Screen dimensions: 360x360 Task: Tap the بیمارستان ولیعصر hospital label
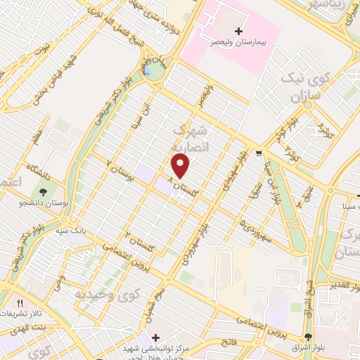pyautogui.click(x=239, y=42)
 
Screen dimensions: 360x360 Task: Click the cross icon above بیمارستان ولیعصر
pyautogui.click(x=239, y=32)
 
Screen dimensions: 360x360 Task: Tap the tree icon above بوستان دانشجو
pyautogui.click(x=44, y=191)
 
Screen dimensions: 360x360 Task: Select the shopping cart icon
pyautogui.click(x=259, y=154)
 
